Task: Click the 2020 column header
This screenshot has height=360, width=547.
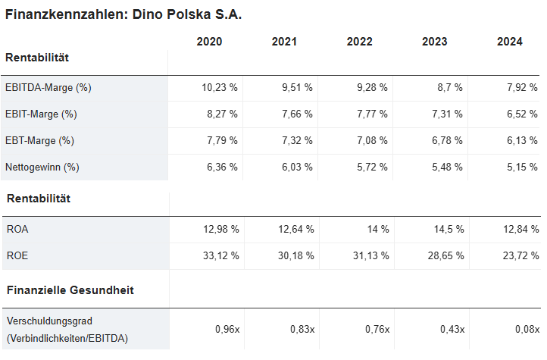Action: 209,42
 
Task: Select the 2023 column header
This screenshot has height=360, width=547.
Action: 435,42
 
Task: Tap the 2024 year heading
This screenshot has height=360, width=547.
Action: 510,42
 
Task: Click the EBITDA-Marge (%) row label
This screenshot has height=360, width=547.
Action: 48,88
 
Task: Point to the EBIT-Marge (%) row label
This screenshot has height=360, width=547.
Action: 41,114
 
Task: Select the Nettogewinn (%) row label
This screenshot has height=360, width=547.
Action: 42,167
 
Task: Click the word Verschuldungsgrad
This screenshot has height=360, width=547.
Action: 48,321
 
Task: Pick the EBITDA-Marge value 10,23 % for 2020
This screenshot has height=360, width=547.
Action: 220,88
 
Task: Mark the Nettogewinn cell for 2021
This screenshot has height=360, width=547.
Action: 297,167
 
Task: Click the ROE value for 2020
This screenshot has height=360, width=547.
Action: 220,255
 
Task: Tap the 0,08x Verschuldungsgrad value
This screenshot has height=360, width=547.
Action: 526,329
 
